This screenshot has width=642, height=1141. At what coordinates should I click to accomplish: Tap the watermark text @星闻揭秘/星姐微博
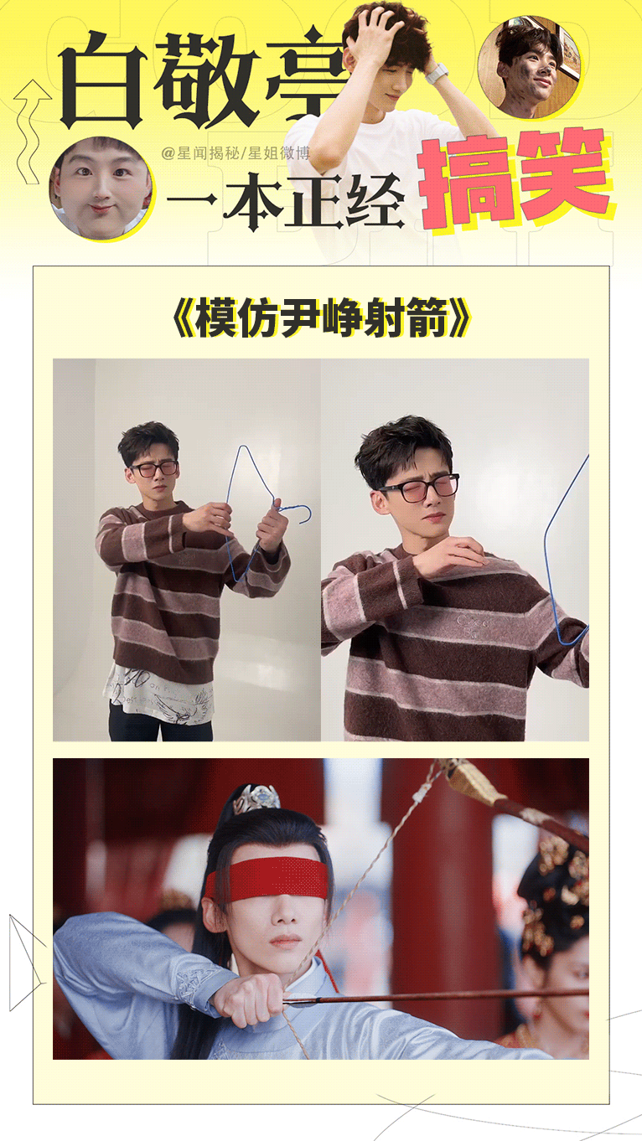click(x=236, y=152)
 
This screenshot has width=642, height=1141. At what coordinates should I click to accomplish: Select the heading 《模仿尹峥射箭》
click(x=320, y=319)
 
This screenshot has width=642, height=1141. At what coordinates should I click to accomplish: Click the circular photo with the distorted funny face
click(x=101, y=187)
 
